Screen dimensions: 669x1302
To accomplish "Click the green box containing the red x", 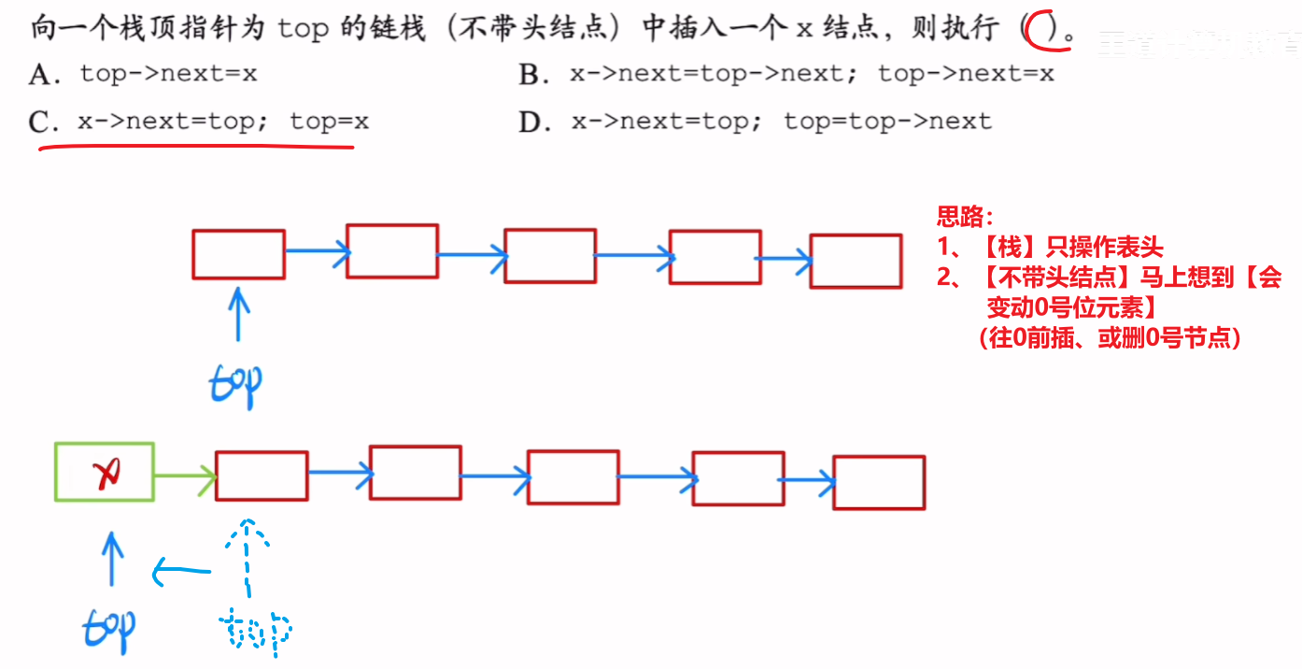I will [105, 471].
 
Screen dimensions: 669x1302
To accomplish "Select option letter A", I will [42, 75].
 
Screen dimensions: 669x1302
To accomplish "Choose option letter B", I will [533, 75].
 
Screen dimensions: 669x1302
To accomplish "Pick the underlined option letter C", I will [42, 122].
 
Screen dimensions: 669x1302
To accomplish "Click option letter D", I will [533, 122].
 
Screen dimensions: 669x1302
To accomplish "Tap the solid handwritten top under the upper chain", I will [236, 381].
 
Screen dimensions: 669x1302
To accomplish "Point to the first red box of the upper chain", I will [238, 254].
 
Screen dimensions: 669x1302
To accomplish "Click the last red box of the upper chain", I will [856, 261].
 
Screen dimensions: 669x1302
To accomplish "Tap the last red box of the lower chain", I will [879, 482].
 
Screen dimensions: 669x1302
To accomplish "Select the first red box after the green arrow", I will [262, 477].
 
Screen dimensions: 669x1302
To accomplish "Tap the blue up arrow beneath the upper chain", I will [239, 314].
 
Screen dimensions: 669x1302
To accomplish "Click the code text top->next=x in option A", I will [168, 74].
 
